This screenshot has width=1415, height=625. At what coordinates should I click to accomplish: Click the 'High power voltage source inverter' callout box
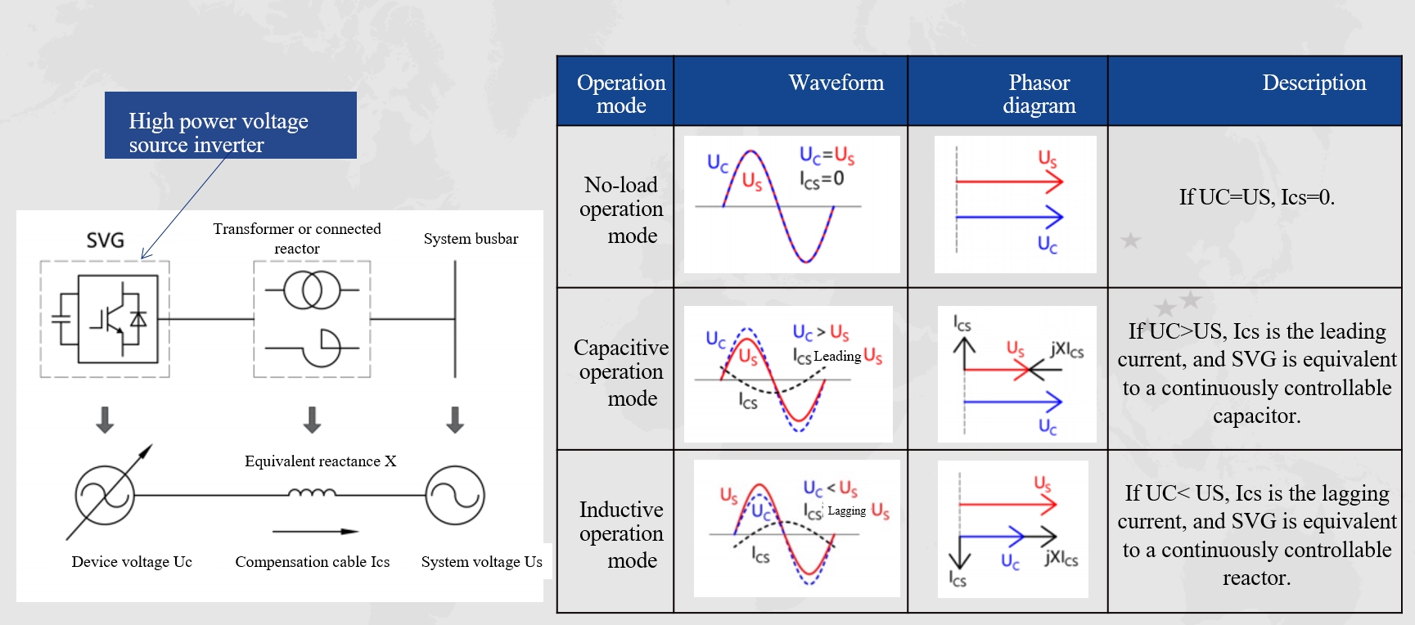[230, 125]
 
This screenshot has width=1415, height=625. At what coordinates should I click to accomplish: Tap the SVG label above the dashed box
[106, 241]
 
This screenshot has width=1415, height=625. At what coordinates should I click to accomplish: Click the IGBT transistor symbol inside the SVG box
[117, 318]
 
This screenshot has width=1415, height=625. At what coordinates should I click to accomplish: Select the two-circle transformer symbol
[312, 290]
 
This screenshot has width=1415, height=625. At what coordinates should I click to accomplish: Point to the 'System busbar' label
[471, 239]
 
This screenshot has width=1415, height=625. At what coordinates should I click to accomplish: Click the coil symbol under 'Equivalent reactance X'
[312, 493]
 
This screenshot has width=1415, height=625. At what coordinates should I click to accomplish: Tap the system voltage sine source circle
[455, 495]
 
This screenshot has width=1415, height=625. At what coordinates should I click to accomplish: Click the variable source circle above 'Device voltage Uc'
[105, 495]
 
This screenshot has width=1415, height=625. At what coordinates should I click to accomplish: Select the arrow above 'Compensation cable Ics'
[315, 532]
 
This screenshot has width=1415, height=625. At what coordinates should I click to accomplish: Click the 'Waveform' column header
[836, 83]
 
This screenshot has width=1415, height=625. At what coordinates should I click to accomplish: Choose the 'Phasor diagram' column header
[1039, 93]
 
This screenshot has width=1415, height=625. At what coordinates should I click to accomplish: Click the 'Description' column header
[1314, 83]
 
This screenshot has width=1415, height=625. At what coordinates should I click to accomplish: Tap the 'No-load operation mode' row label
[621, 209]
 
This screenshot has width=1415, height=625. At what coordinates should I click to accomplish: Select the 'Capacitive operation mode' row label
[621, 372]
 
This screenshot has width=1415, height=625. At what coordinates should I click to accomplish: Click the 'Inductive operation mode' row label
[621, 534]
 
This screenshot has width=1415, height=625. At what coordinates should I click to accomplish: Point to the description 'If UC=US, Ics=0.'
[1256, 197]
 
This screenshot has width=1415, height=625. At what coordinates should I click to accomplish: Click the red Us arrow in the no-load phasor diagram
[1009, 182]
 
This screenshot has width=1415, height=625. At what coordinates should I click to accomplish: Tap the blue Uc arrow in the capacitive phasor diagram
[1012, 401]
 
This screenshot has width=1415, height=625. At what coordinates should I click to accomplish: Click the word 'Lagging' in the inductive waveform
[846, 511]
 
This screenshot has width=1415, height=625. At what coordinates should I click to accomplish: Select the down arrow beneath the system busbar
[455, 419]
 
